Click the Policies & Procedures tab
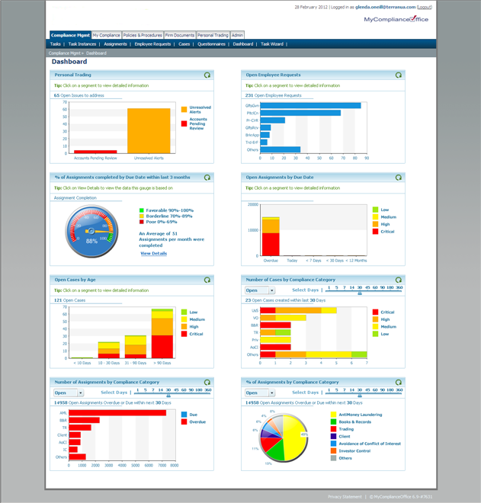pyautogui.click(x=143, y=35)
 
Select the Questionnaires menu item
pyautogui.click(x=211, y=44)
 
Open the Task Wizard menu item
pyautogui.click(x=272, y=44)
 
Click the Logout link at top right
pyautogui.click(x=424, y=7)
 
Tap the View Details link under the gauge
pyautogui.click(x=153, y=254)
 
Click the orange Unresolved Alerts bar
pyautogui.click(x=149, y=131)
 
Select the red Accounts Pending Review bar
pyautogui.click(x=95, y=152)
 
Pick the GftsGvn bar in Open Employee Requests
pyautogui.click(x=310, y=106)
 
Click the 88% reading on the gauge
pyautogui.click(x=91, y=241)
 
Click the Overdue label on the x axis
pyautogui.click(x=270, y=260)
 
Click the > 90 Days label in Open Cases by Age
pyautogui.click(x=162, y=363)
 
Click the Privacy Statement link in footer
pyautogui.click(x=345, y=496)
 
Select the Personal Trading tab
pyautogui.click(x=213, y=35)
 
